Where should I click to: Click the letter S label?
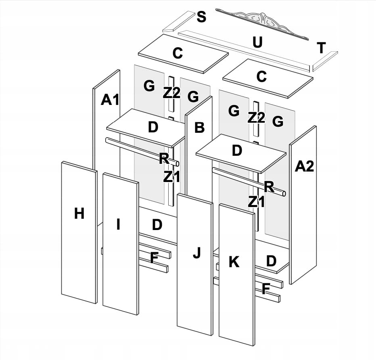(201, 17)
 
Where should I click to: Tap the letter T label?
(321, 48)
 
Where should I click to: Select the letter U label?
(257, 42)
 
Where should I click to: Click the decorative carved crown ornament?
(262, 21)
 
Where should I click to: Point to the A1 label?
(110, 100)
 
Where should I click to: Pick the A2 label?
(304, 166)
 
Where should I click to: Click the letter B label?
(199, 128)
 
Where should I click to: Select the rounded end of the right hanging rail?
(284, 194)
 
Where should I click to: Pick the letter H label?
(79, 213)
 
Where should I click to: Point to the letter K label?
(234, 262)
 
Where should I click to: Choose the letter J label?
(196, 253)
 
